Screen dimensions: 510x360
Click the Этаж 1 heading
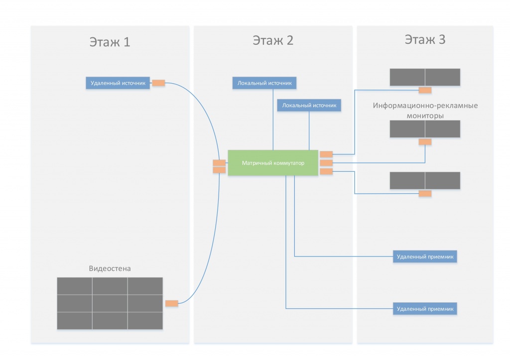[x=110, y=42]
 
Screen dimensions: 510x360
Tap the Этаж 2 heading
[x=273, y=41]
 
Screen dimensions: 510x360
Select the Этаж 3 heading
[x=425, y=40]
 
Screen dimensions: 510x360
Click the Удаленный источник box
[x=118, y=83]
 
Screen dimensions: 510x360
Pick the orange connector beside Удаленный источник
[x=158, y=83]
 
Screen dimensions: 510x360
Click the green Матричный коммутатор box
[x=273, y=163]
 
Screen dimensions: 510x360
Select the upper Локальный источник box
[x=264, y=83]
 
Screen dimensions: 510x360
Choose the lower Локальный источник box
[x=309, y=106]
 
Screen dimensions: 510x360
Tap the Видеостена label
[x=110, y=268]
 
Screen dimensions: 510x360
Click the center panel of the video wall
[x=110, y=303]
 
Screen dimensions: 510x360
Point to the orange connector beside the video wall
[x=172, y=303]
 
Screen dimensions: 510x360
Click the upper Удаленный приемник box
[x=425, y=256]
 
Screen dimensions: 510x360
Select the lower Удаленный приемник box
[x=425, y=309]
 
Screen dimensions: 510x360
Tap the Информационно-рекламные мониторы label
[x=425, y=111]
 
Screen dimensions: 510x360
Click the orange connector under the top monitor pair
[x=425, y=90]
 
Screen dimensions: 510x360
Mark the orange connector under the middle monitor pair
[x=425, y=142]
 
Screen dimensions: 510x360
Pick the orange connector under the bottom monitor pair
[x=425, y=194]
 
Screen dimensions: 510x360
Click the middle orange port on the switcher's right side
[x=326, y=163]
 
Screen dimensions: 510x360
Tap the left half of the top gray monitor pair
[x=407, y=77]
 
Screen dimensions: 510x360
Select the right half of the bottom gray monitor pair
[x=443, y=180]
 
